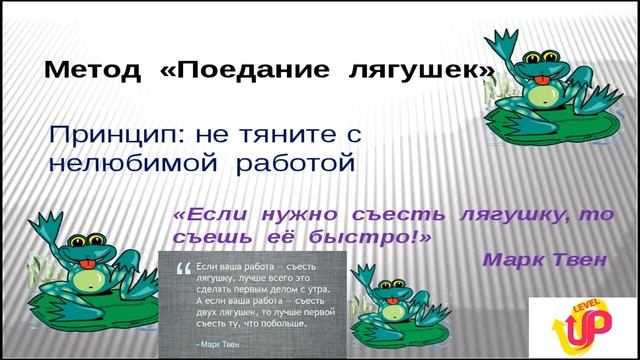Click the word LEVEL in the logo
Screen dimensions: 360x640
tap(585, 299)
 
